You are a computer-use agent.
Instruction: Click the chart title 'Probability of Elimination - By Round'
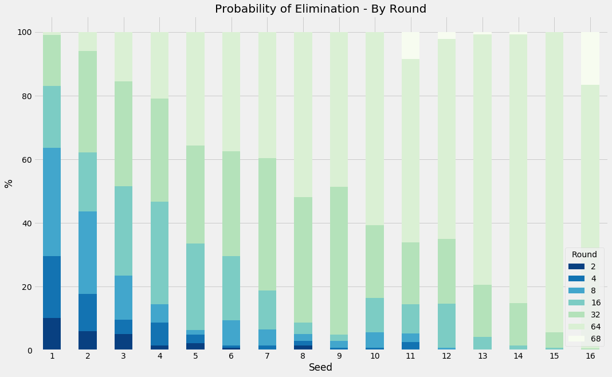[320, 9]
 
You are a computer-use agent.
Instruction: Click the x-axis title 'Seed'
[320, 367]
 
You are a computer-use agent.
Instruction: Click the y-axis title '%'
[9, 183]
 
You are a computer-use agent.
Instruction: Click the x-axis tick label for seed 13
[482, 356]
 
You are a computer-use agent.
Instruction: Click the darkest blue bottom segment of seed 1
[52, 334]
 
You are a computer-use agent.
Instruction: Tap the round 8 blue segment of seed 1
[52, 202]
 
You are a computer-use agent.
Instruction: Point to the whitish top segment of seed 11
[411, 45]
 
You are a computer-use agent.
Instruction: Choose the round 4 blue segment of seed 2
[88, 312]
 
